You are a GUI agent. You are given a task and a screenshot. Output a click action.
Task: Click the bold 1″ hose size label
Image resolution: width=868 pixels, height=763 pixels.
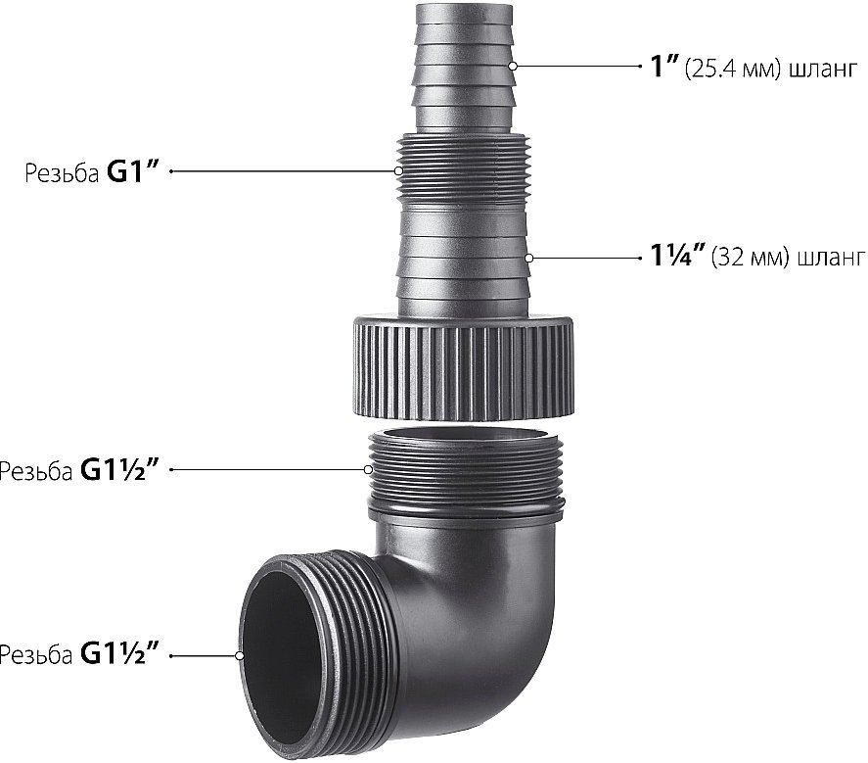663,66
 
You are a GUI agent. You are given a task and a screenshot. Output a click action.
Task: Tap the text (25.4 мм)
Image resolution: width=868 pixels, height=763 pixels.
733,70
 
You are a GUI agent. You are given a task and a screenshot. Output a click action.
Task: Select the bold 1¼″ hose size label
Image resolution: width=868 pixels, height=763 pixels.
677,256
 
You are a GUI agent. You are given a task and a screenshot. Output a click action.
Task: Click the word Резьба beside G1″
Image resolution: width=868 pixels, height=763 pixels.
62,173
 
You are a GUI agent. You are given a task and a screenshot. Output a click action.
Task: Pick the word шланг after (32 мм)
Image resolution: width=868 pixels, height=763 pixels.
831,259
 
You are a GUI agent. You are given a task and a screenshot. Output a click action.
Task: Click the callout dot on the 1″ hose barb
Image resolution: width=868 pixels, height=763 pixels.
513,66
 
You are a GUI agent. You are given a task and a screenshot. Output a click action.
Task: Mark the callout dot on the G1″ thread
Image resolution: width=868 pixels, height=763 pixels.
398,171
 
